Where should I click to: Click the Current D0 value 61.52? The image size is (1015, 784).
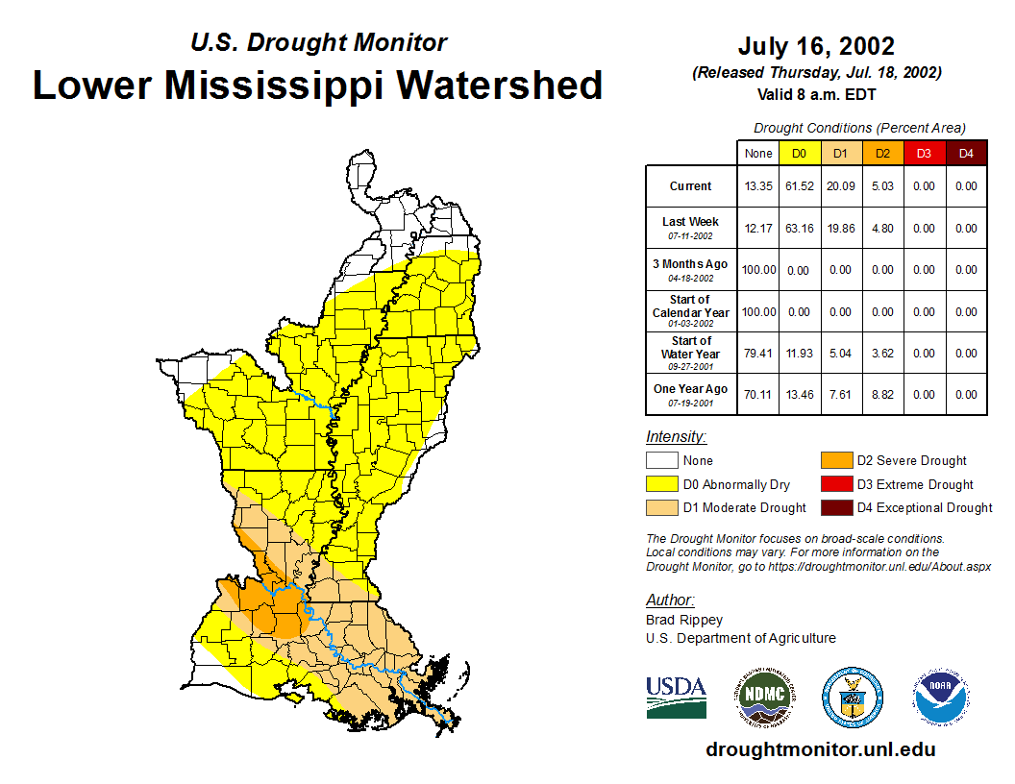pos(799,186)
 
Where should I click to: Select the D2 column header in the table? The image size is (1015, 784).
pos(881,153)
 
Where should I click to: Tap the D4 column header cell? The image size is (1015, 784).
pos(966,153)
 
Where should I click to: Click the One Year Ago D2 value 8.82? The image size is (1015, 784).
pos(881,394)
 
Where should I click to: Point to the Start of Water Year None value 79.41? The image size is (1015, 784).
pos(758,353)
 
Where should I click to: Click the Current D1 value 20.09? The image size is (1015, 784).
pos(840,186)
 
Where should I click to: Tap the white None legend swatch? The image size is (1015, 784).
pos(661,461)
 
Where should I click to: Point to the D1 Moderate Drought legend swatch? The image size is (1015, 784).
pos(661,507)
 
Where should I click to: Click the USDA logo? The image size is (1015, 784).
pos(676,698)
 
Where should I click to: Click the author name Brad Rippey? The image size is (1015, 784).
pos(683,620)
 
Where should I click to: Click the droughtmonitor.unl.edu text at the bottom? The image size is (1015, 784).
pos(820,749)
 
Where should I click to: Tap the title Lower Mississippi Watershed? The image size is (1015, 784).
pos(318,86)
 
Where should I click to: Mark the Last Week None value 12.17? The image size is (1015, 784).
pos(758,228)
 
